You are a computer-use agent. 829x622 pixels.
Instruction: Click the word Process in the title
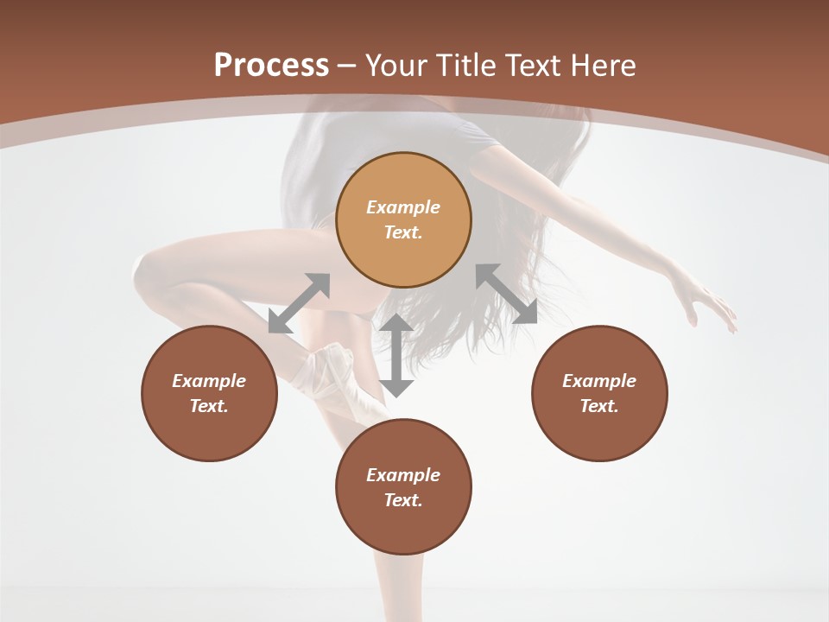click(x=271, y=66)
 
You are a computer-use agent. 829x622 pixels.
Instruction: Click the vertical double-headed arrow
click(x=396, y=355)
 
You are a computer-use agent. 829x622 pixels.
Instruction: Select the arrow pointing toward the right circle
click(x=506, y=294)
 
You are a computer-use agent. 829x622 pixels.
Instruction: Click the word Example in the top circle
click(x=403, y=207)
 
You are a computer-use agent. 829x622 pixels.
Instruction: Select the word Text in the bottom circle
click(x=403, y=500)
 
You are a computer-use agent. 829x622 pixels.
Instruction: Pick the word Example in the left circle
click(x=209, y=381)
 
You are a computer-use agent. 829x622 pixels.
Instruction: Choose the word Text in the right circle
click(x=599, y=406)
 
